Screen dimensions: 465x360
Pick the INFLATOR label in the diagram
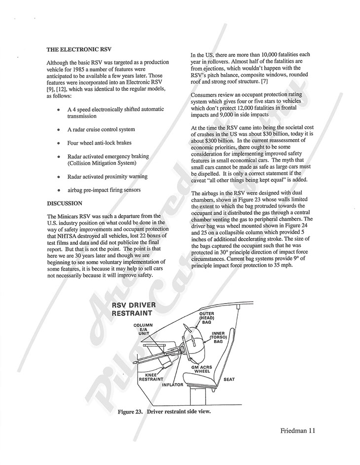coord(172,384)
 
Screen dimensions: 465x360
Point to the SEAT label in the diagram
coord(229,379)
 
